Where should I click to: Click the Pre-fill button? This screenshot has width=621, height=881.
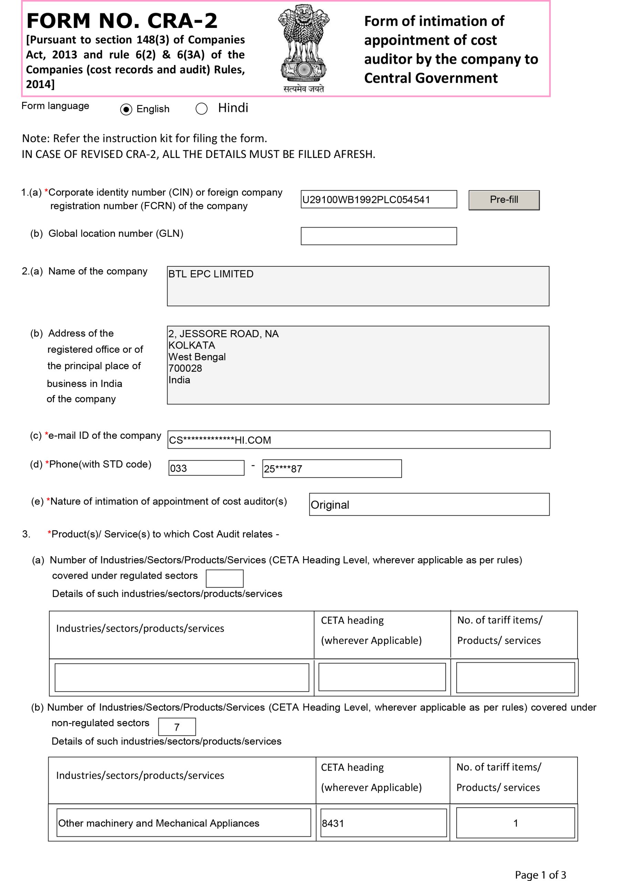click(x=504, y=200)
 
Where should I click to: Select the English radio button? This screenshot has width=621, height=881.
click(x=126, y=109)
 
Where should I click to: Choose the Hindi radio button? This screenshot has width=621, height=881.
click(x=201, y=109)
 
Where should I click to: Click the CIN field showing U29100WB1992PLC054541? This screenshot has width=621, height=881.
click(x=378, y=200)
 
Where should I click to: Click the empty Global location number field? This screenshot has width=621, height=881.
click(x=378, y=236)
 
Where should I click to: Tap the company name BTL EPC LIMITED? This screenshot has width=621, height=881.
click(x=211, y=274)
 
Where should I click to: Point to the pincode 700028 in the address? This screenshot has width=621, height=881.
click(x=185, y=368)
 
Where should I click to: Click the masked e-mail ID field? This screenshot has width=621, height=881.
click(x=358, y=440)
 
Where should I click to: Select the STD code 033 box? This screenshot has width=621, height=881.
click(x=206, y=468)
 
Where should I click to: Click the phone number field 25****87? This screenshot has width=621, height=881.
click(x=331, y=468)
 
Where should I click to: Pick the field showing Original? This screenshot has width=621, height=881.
click(x=428, y=505)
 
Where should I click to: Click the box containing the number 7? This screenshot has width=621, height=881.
click(x=177, y=727)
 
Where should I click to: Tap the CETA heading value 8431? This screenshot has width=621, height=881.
click(x=383, y=823)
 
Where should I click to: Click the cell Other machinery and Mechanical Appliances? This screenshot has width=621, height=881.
click(x=183, y=823)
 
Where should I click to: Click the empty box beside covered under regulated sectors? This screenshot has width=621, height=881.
click(x=224, y=578)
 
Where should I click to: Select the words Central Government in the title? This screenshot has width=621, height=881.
click(x=431, y=78)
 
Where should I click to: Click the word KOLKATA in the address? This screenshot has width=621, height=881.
click(x=192, y=345)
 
